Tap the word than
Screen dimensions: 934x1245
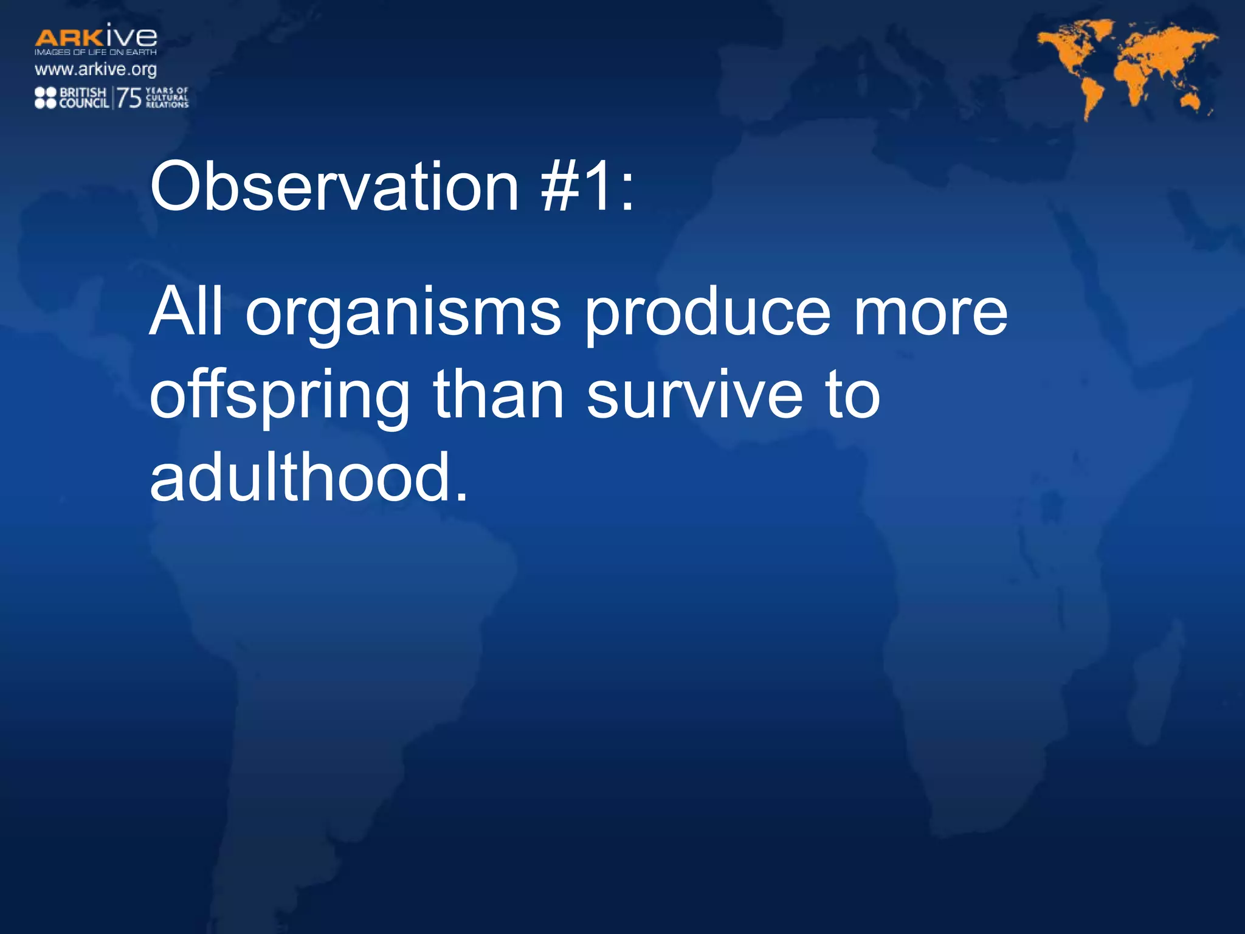pos(498,395)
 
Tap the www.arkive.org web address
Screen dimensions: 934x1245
pos(95,69)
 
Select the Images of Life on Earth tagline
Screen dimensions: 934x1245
pos(95,52)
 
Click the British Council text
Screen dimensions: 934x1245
pos(84,98)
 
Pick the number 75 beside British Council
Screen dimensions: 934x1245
pos(129,97)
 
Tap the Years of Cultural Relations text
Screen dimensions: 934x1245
pos(167,97)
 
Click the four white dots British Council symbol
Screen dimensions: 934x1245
pos(46,98)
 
